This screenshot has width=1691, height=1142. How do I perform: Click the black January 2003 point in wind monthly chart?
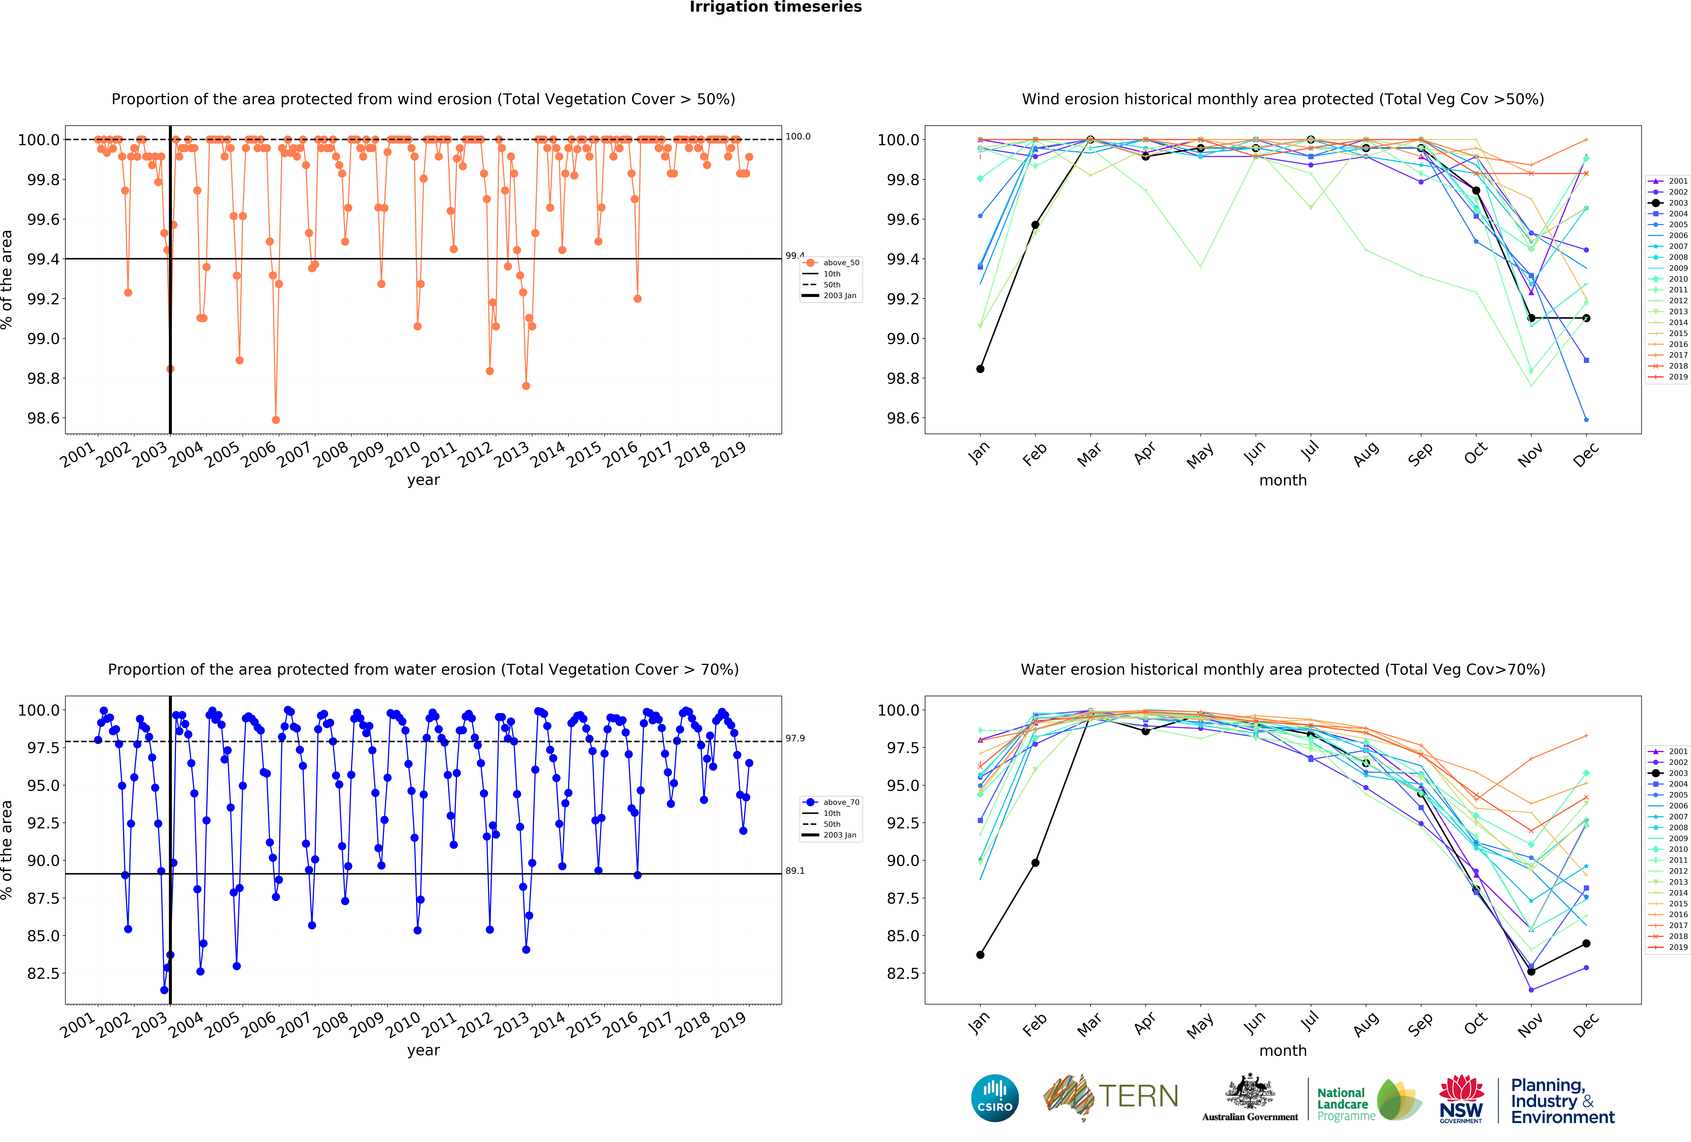980,369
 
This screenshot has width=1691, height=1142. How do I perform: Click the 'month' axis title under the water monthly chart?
1283,1050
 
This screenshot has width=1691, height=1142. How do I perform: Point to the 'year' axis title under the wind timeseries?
423,480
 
